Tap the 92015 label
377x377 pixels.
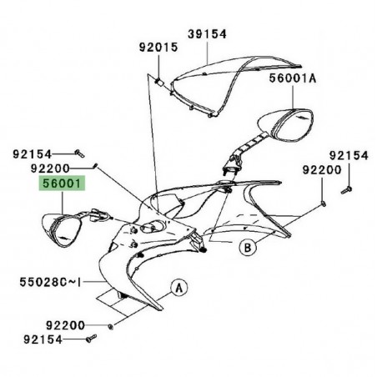click(158, 48)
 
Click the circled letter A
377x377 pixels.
click(178, 288)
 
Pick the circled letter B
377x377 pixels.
click(247, 247)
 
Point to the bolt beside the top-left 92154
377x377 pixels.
click(78, 153)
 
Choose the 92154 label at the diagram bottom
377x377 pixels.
click(54, 339)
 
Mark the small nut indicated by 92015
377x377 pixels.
click(158, 82)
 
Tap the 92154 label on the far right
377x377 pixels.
click(346, 155)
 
